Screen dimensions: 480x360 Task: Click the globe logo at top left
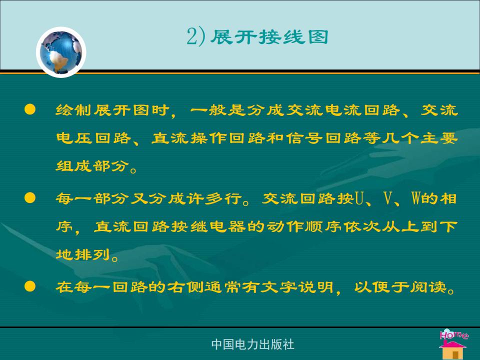click(61, 52)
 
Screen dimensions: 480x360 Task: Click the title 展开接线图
click(269, 37)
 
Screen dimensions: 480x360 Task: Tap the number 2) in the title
click(195, 37)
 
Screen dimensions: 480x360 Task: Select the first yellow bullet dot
click(30, 109)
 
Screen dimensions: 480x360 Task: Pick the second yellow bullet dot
click(30, 198)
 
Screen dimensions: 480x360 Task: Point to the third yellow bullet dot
click(30, 286)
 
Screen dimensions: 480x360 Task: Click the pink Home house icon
click(453, 343)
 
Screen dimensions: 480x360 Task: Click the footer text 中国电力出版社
click(252, 344)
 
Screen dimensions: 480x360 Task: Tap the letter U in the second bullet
click(359, 198)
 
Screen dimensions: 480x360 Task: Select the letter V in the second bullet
click(388, 198)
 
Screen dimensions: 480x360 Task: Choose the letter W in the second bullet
click(415, 198)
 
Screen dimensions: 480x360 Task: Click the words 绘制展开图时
click(112, 110)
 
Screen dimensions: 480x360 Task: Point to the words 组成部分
click(92, 166)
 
